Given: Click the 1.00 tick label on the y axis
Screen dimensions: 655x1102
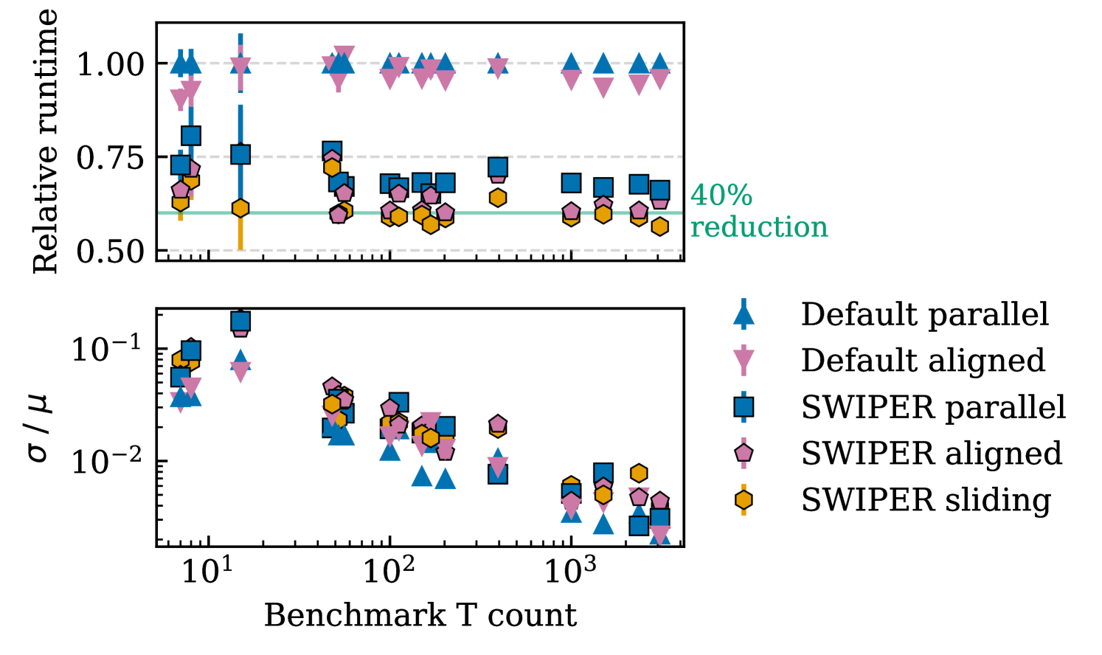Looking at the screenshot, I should (110, 64).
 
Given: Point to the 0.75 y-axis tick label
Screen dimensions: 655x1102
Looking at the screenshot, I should (110, 158).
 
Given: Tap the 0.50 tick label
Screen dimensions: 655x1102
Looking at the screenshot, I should (110, 252).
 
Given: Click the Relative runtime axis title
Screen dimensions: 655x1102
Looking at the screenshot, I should (45, 142).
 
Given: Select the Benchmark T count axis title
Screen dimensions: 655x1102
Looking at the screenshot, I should (420, 615).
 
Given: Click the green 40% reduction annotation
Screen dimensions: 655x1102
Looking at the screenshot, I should (758, 211).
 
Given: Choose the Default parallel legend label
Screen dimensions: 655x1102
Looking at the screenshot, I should (924, 314).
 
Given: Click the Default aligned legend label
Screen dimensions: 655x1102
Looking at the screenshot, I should (923, 361).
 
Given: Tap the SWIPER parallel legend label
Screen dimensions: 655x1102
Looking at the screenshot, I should (933, 407).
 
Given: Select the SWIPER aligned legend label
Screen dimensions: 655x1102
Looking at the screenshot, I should (932, 454).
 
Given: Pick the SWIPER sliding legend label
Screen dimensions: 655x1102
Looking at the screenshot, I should (926, 500).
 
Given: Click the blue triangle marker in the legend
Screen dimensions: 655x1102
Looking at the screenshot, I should (744, 315).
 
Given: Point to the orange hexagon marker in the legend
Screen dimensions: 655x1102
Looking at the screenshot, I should (744, 500).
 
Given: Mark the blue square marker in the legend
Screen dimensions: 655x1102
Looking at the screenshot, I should (744, 407).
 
